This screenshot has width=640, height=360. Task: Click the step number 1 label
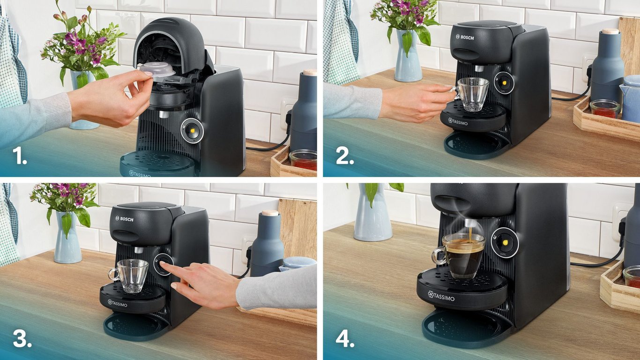point(19,157)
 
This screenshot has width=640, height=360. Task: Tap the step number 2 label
point(345,157)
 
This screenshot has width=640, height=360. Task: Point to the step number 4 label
point(345,339)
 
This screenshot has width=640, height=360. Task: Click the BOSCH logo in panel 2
point(465,37)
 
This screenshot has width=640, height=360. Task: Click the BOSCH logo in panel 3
point(124,219)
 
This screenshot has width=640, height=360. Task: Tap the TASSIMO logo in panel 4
point(441,295)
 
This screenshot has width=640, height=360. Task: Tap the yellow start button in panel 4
point(505,242)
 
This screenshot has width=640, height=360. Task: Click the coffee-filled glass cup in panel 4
point(462,255)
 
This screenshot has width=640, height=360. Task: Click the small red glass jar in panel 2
point(605,109)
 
